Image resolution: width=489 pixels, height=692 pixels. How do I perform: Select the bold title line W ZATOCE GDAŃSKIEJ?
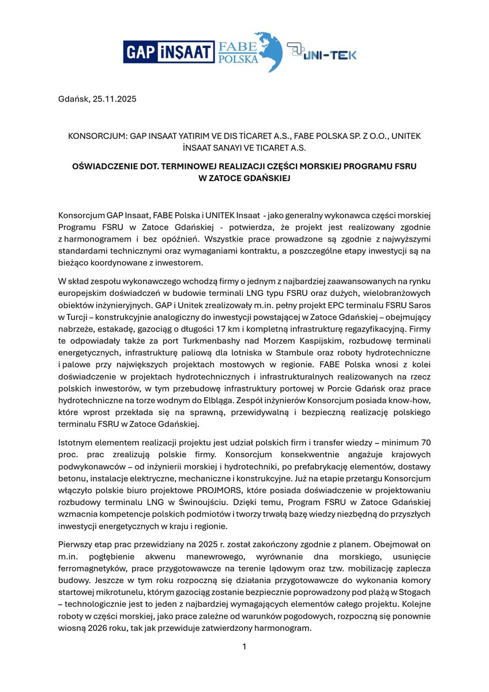tap(244, 178)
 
